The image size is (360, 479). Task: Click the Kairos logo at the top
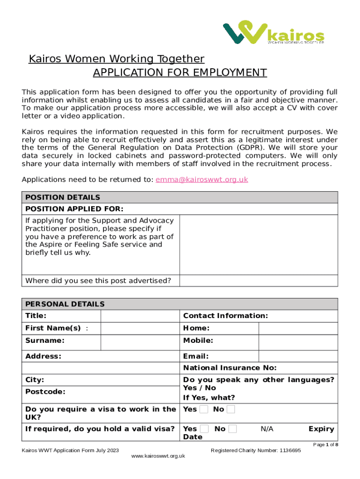click(274, 33)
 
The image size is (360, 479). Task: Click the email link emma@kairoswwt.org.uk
click(202, 180)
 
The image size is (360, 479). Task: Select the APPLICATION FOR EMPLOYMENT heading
click(180, 73)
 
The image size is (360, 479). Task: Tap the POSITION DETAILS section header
click(63, 197)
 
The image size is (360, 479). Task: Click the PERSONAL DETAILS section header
click(65, 304)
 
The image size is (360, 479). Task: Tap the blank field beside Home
click(298, 328)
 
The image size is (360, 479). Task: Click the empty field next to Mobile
click(298, 341)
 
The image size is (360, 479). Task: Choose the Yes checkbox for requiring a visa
click(204, 410)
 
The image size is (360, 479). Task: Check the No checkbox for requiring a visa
click(230, 410)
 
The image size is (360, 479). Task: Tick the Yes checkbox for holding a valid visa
click(204, 429)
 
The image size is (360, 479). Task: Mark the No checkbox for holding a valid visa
click(232, 429)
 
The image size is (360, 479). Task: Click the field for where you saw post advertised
click(259, 281)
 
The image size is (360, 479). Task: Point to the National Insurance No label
click(230, 368)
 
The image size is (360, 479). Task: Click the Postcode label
click(45, 392)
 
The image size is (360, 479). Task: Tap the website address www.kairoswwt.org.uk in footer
click(159, 456)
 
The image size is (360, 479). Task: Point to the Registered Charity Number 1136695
click(256, 450)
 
